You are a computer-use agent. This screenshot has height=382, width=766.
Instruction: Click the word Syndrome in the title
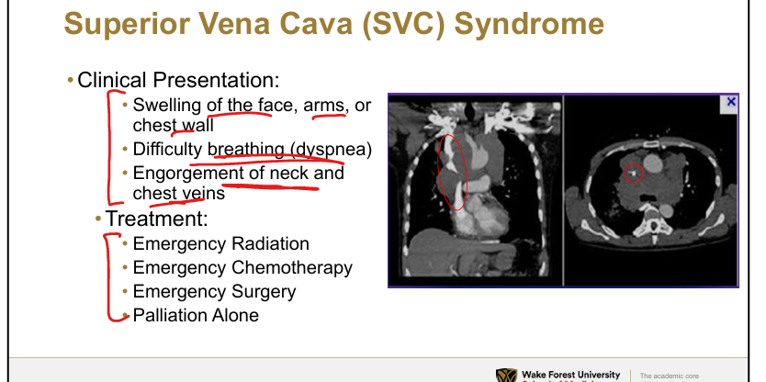529,24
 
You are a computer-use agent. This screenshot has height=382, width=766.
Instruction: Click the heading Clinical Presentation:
178,80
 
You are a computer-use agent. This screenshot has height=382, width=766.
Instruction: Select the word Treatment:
156,219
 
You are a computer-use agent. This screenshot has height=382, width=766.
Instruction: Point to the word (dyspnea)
334,149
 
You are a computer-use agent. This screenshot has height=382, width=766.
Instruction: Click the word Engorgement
188,174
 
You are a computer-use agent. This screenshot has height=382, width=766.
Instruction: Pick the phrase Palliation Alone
196,315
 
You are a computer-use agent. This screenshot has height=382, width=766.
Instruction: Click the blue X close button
731,102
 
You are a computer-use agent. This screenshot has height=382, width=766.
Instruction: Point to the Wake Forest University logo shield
506,376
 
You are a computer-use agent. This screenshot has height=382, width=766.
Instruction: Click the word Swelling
166,106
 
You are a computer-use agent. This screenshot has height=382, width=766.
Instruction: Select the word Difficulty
167,149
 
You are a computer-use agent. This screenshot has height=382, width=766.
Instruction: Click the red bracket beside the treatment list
108,278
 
